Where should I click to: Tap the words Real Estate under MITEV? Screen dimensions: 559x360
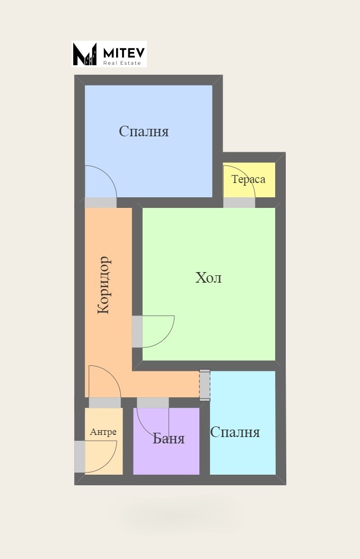[x=122, y=63]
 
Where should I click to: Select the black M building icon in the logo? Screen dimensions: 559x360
[x=84, y=54]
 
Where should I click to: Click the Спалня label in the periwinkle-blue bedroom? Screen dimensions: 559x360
[x=144, y=132]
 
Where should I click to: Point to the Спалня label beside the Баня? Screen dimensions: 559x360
[x=235, y=432]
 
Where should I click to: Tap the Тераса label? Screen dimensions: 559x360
[x=248, y=179]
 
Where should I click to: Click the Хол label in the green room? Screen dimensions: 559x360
[x=208, y=278]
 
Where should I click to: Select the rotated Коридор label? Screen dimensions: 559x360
[x=104, y=285]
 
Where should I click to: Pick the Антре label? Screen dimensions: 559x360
[x=103, y=432]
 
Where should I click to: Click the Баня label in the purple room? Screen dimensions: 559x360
[x=169, y=439]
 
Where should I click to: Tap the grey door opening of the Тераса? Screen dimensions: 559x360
[x=239, y=203]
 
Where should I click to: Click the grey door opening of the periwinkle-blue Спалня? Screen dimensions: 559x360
[x=101, y=203]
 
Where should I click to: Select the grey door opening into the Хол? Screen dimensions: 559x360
[x=137, y=331]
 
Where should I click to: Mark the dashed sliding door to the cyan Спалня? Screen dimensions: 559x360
[x=205, y=385]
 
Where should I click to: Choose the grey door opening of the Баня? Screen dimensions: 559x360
[x=153, y=403]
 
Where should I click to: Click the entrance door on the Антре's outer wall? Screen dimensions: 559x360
[x=80, y=456]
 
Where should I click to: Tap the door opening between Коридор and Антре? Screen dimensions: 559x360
[x=104, y=403]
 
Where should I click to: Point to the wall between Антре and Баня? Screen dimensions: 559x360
[x=128, y=440]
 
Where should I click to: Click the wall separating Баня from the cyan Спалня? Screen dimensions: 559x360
[x=205, y=440]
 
